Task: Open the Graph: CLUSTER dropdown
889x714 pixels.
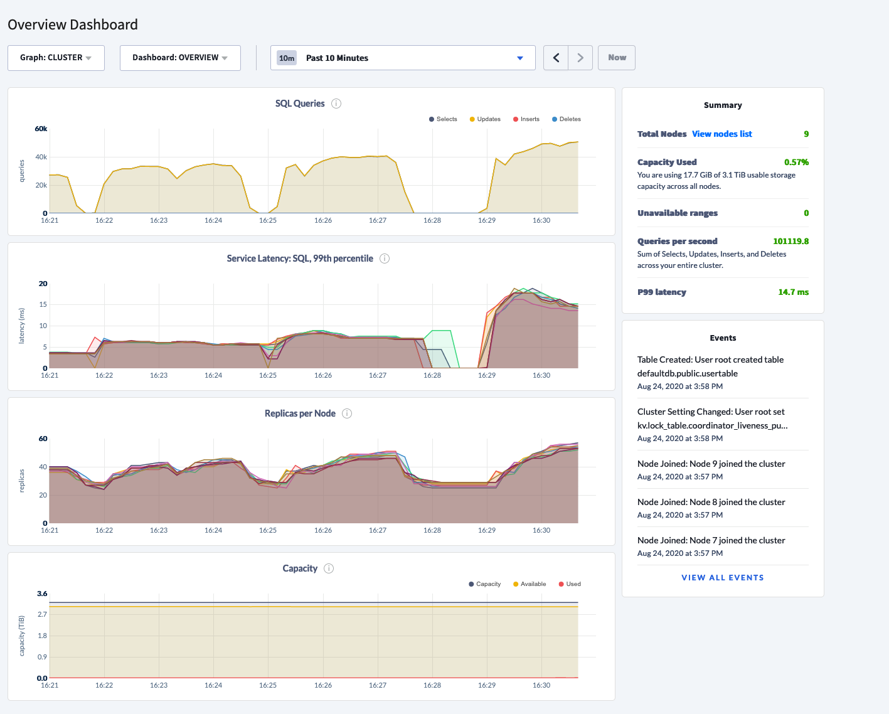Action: (56, 58)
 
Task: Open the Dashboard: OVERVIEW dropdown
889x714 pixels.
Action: (180, 58)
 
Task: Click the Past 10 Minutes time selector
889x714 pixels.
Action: (403, 58)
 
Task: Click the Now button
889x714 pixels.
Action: (617, 58)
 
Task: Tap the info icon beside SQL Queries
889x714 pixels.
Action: (336, 104)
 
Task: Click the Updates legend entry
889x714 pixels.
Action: (485, 119)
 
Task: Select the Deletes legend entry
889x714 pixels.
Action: (567, 119)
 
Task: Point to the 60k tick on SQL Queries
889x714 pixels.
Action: (41, 129)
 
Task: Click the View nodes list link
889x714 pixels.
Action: (721, 134)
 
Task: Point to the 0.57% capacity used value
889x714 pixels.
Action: (796, 163)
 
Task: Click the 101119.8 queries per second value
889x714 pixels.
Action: (791, 242)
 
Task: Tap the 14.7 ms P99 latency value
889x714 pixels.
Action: (793, 292)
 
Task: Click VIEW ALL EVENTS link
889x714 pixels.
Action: (723, 578)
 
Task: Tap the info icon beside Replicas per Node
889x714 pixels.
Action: (347, 413)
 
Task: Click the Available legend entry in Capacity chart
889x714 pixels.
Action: (530, 584)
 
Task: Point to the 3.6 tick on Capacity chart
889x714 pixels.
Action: (42, 594)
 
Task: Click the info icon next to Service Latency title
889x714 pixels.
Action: (385, 258)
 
